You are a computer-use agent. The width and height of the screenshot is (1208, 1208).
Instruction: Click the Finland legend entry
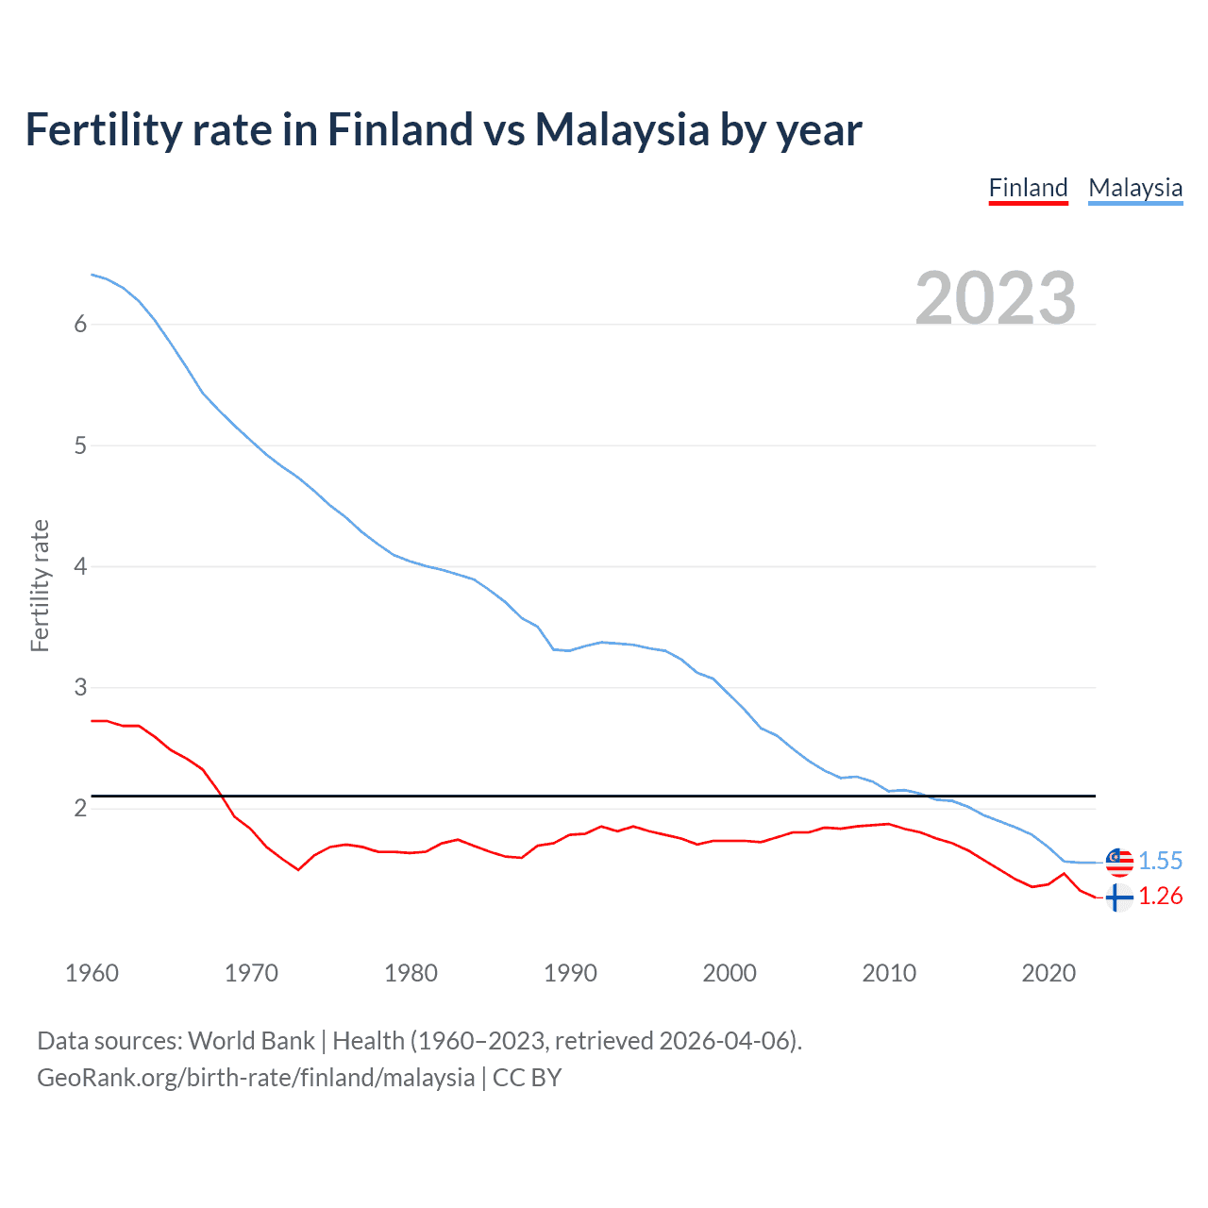pyautogui.click(x=1028, y=188)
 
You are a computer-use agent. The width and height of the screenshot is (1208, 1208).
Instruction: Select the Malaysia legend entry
pyautogui.click(x=1135, y=188)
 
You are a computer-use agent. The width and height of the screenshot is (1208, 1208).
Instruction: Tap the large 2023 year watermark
pyautogui.click(x=996, y=298)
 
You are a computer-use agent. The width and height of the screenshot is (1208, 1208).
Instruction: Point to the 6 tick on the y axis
pyautogui.click(x=80, y=324)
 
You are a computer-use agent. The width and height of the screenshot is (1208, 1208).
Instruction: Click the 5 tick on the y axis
pyautogui.click(x=80, y=445)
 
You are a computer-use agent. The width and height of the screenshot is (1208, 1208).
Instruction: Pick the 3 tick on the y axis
pyautogui.click(x=80, y=687)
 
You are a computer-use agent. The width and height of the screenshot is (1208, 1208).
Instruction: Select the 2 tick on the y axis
pyautogui.click(x=80, y=808)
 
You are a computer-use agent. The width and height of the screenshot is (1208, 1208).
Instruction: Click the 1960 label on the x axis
pyautogui.click(x=92, y=973)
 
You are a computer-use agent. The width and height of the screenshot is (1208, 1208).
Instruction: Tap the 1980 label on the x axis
pyautogui.click(x=411, y=973)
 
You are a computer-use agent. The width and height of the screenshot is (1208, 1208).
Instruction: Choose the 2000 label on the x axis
pyautogui.click(x=730, y=973)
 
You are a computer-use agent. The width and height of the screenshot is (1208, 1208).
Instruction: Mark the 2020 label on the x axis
pyautogui.click(x=1049, y=973)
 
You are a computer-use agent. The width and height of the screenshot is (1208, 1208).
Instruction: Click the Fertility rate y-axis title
pyautogui.click(x=40, y=585)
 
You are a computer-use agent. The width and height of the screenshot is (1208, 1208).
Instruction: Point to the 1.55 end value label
pyautogui.click(x=1160, y=861)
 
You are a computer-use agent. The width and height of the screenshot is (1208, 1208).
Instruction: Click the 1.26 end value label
pyautogui.click(x=1160, y=896)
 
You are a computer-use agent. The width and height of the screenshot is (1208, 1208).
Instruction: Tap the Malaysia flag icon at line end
pyautogui.click(x=1119, y=861)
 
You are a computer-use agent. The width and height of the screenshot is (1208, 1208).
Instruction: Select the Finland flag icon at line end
pyautogui.click(x=1118, y=898)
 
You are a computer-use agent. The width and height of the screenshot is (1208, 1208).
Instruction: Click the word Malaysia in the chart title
pyautogui.click(x=622, y=129)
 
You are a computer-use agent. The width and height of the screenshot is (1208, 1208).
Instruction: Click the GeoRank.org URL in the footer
pyautogui.click(x=256, y=1078)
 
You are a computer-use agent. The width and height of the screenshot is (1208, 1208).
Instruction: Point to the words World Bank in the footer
pyautogui.click(x=251, y=1041)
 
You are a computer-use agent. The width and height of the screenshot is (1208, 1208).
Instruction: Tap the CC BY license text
pyautogui.click(x=528, y=1078)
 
